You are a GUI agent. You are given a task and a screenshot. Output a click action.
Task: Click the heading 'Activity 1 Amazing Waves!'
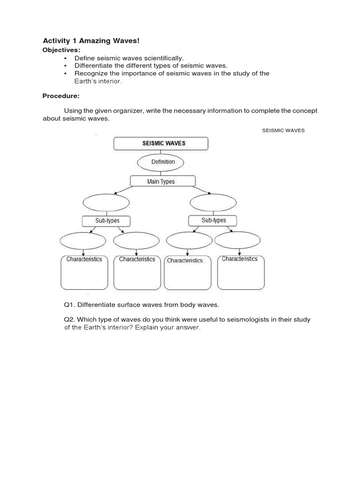91,41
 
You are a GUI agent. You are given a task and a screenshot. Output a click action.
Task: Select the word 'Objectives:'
61,50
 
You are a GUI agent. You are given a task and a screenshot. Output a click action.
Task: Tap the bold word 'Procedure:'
61,96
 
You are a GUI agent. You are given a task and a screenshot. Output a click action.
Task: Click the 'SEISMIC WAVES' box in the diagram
161,143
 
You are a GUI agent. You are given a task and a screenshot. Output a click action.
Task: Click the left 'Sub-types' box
106,221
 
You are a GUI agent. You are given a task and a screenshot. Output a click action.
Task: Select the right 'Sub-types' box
213,220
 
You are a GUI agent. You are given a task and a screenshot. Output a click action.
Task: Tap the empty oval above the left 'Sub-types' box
106,202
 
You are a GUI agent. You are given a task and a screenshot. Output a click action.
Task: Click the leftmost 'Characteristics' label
84,259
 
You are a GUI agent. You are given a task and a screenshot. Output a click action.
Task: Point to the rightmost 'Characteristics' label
240,259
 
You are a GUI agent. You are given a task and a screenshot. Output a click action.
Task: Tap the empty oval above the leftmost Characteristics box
83,241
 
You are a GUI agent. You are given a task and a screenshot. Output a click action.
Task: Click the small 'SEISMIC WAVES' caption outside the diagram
283,130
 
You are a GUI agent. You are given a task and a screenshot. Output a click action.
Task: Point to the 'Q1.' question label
69,305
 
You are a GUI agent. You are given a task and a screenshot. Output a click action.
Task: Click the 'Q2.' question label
69,320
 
